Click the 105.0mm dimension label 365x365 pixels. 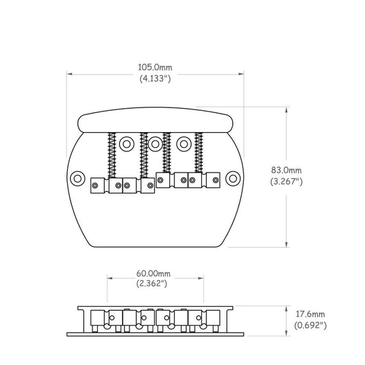(155, 68)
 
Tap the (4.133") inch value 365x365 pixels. (155, 79)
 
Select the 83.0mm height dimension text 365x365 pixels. (286, 170)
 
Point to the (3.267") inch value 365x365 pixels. (286, 181)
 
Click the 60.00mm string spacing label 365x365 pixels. (153, 273)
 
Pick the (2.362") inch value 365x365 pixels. (152, 284)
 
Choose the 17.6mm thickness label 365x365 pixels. (310, 314)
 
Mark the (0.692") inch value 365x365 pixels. (310, 325)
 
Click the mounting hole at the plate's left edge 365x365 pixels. (77, 179)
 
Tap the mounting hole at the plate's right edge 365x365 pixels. (233, 179)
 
